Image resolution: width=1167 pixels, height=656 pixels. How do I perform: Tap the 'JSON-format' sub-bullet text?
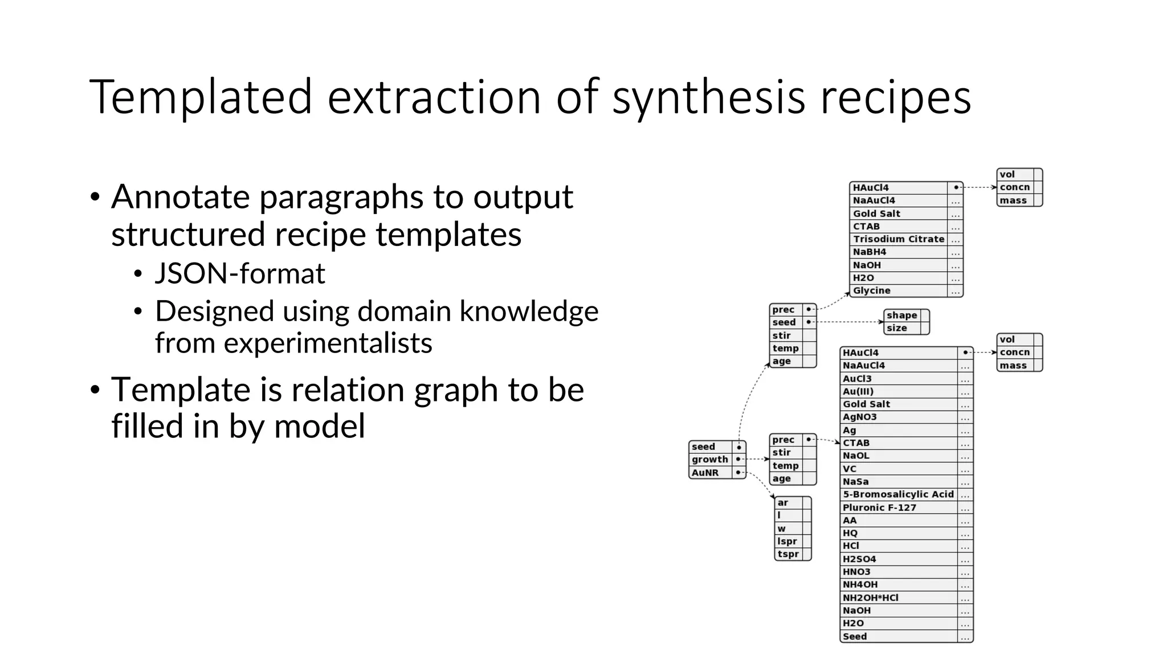[x=240, y=274]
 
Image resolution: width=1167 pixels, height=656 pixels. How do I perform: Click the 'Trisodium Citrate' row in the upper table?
[x=898, y=239]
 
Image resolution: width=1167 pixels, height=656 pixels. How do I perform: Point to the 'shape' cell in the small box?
[x=901, y=315]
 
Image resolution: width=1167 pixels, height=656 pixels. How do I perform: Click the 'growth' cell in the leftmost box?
[x=709, y=460]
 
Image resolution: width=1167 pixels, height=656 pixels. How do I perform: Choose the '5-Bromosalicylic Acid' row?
[x=898, y=494]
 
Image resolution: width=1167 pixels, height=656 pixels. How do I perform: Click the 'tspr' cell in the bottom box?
[x=788, y=554]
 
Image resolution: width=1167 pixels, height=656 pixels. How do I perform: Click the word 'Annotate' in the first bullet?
[x=180, y=198]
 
